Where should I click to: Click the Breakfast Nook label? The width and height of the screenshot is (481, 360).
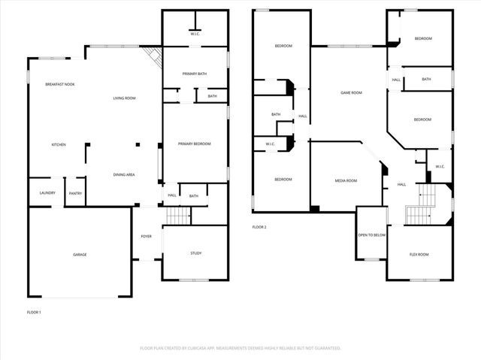[x=59, y=84]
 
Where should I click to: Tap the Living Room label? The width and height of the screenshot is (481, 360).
[x=124, y=98]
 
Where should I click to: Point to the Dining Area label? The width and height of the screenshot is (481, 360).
[x=124, y=174]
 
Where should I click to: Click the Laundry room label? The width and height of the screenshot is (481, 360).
[x=47, y=194]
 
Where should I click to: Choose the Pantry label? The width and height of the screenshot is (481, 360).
[x=75, y=194]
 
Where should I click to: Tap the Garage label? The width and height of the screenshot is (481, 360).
[x=80, y=255]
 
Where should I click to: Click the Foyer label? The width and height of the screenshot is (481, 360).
[x=146, y=236]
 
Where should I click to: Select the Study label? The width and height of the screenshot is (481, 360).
[x=195, y=253]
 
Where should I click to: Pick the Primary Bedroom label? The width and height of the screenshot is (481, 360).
[x=194, y=144]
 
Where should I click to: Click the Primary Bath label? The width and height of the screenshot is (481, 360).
[x=195, y=74]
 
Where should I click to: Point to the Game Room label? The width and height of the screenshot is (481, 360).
[x=351, y=92]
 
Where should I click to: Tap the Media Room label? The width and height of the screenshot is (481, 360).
[x=346, y=180]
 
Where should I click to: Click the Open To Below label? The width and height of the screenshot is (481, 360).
[x=372, y=234]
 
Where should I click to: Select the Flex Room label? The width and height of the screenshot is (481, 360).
[x=419, y=255]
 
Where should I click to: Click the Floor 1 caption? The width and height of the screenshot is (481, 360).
[x=34, y=311]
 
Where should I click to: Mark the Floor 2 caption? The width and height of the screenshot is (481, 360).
[x=259, y=227]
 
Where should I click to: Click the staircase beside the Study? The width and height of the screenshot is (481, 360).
[x=179, y=216]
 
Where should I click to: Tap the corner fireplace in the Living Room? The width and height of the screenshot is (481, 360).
[x=154, y=57]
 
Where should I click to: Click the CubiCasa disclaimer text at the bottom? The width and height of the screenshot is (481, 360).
[x=240, y=348]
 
